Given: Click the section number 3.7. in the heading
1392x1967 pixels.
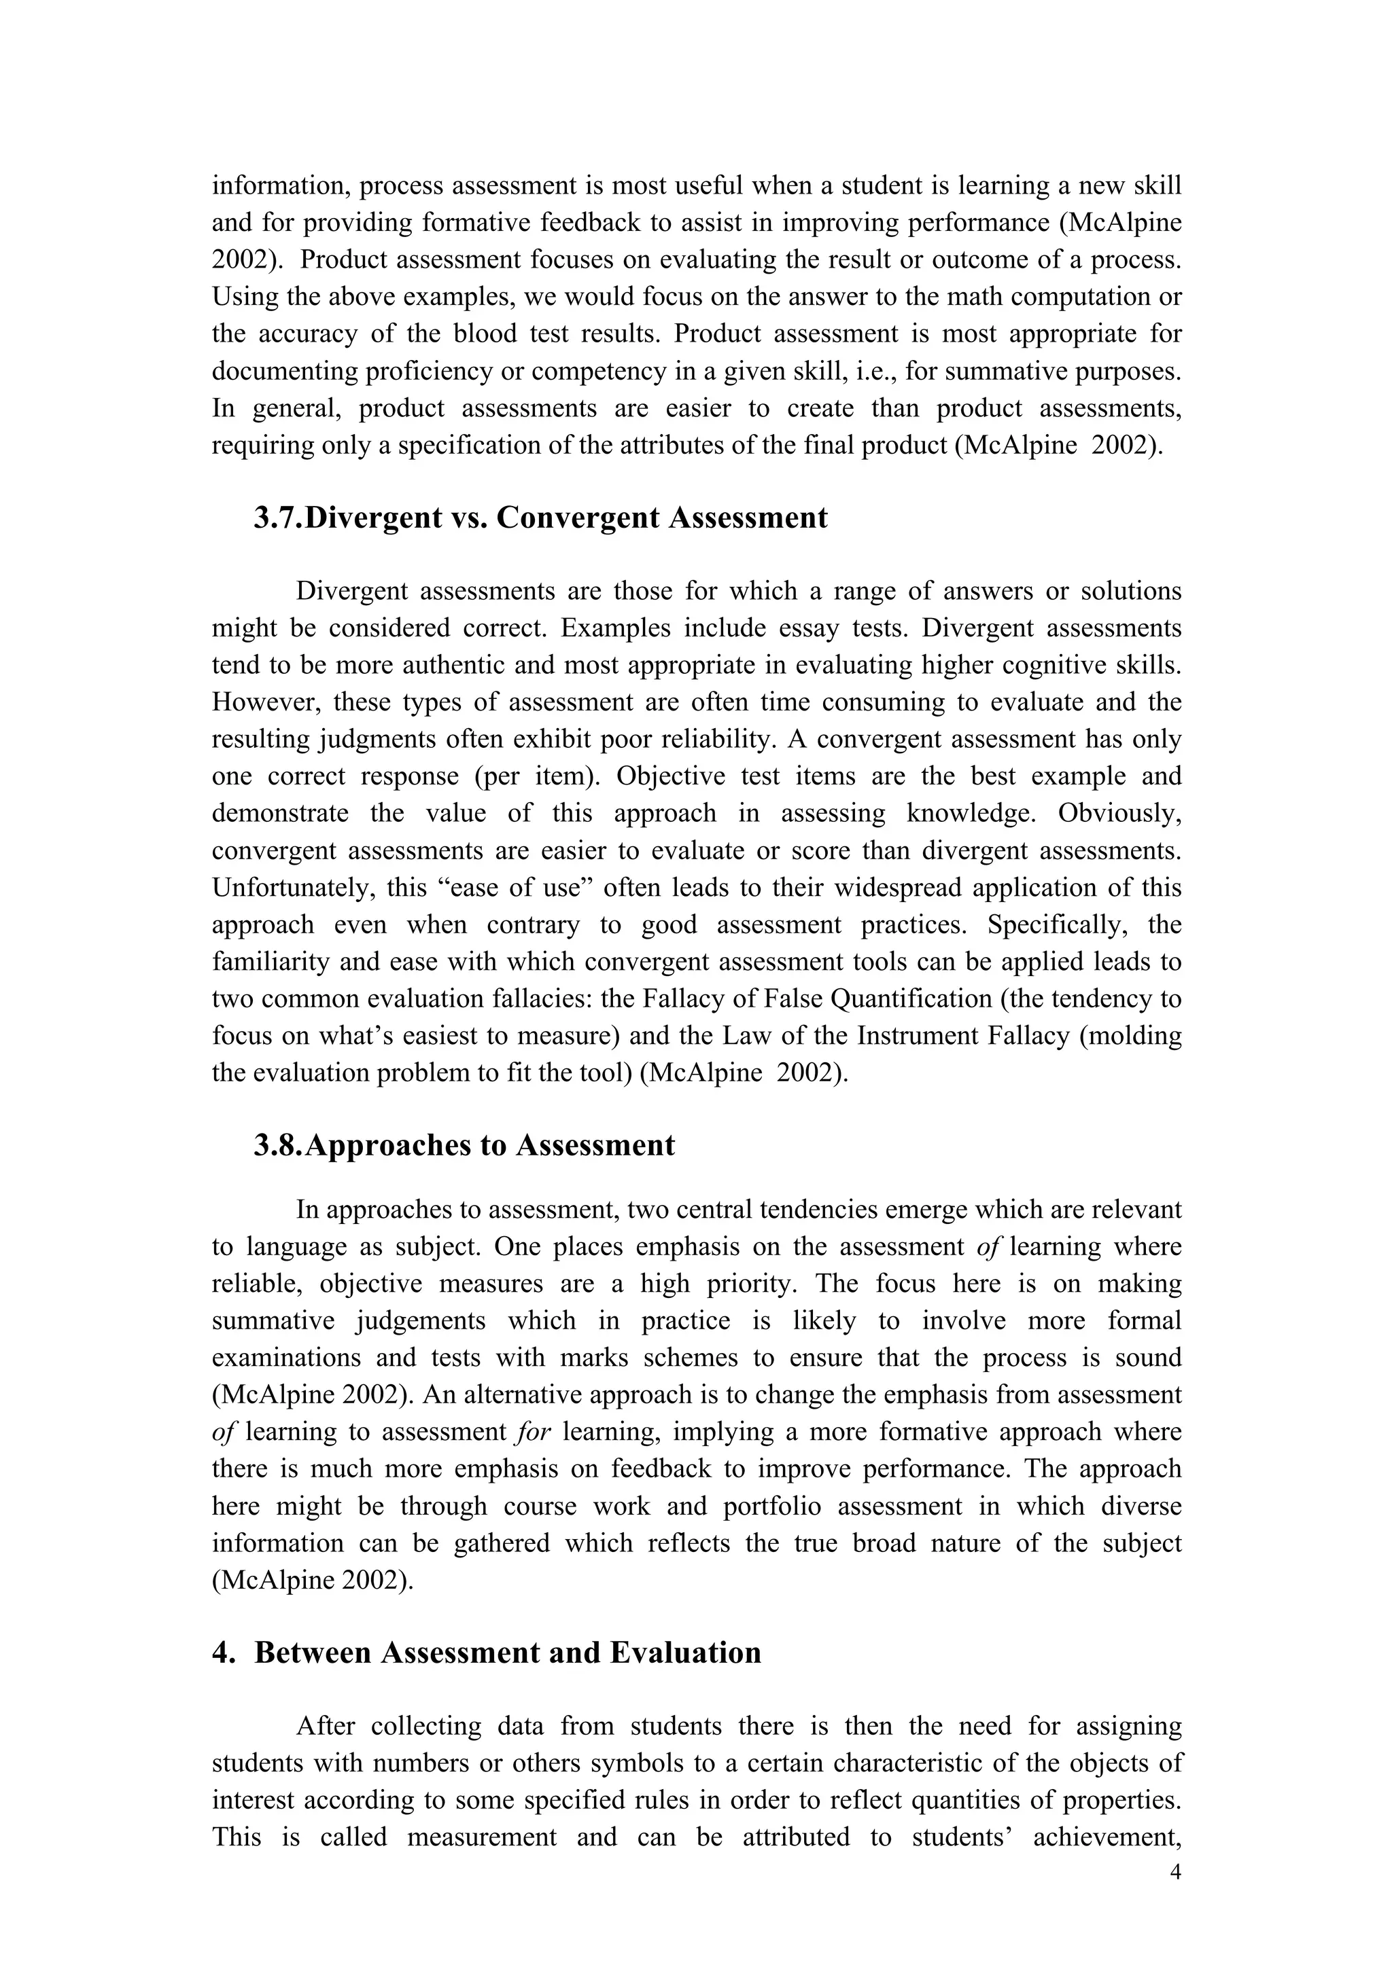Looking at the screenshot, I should pos(278,518).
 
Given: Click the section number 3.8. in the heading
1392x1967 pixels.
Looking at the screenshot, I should pos(278,1145).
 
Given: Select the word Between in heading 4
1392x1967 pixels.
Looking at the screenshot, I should pos(312,1653).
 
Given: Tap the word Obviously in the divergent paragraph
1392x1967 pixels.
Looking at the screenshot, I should pos(1119,813).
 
